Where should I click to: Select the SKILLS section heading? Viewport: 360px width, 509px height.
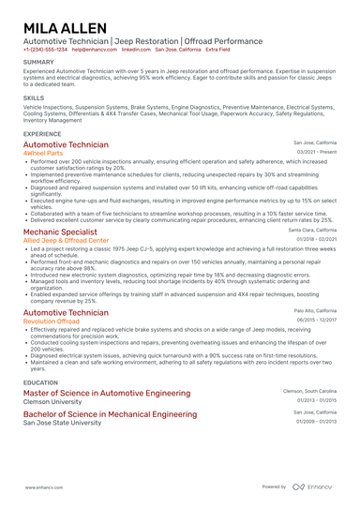tap(34, 97)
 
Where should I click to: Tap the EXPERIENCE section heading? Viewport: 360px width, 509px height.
tap(43, 134)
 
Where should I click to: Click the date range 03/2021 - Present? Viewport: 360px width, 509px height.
tap(317, 152)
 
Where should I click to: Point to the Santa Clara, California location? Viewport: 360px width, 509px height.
tap(312, 230)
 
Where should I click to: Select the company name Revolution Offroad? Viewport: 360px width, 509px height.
tap(51, 321)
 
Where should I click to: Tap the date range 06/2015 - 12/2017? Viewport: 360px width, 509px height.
tap(316, 319)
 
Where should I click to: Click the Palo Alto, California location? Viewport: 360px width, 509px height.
tap(315, 310)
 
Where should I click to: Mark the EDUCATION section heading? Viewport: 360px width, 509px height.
tap(41, 382)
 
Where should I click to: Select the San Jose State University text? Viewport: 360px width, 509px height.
tap(62, 423)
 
